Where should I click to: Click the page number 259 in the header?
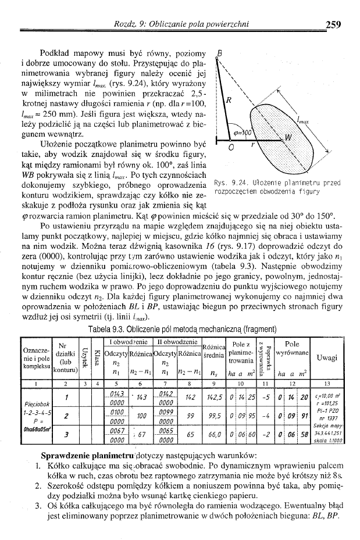[x=333, y=24]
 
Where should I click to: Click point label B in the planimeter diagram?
[x=220, y=52]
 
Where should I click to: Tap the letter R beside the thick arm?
[x=229, y=99]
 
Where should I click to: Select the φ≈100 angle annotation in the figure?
[x=243, y=133]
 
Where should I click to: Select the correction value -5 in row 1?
[x=265, y=396]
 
